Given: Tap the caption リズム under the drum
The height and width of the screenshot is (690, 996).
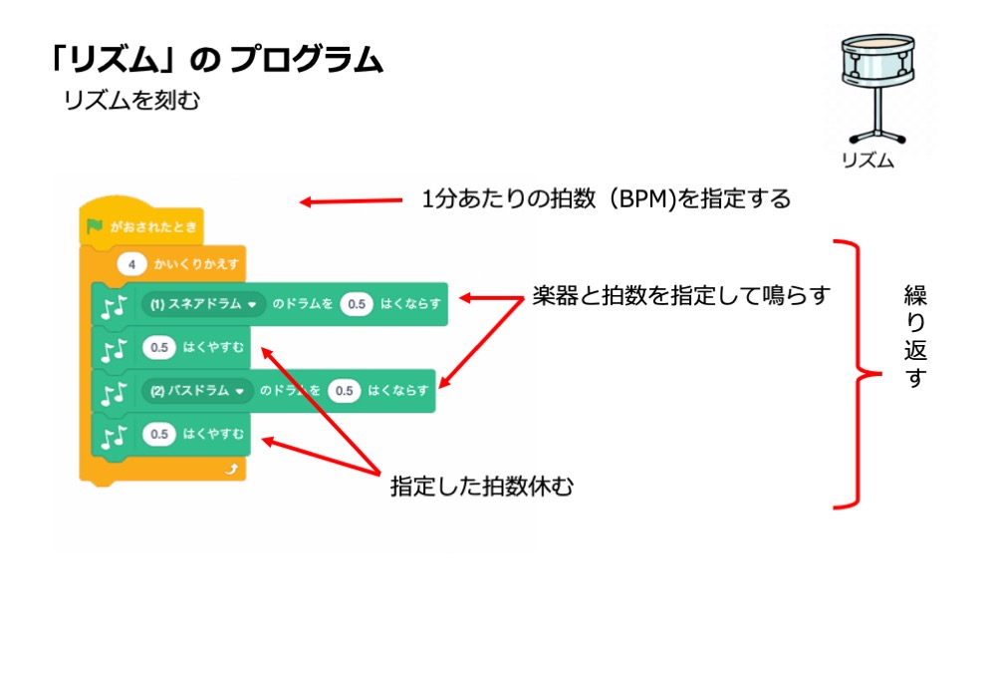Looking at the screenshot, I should coord(868,161).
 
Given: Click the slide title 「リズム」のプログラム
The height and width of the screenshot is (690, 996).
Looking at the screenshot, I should coord(215,61).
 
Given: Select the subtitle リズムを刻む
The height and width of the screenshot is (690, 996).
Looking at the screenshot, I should coord(131,101).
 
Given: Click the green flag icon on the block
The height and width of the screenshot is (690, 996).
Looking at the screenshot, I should coord(95,226).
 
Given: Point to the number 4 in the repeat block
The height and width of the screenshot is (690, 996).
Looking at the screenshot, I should coord(131,265).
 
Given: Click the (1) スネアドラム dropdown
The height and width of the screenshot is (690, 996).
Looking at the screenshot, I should coord(203,304).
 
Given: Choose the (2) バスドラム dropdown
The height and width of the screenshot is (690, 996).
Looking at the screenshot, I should coord(196,391).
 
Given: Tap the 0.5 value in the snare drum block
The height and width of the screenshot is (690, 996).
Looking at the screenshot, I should coord(356,304).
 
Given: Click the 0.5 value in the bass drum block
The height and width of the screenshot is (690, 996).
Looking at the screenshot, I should coord(344,391).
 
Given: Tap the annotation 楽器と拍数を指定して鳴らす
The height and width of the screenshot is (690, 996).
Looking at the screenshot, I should coord(680,296).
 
